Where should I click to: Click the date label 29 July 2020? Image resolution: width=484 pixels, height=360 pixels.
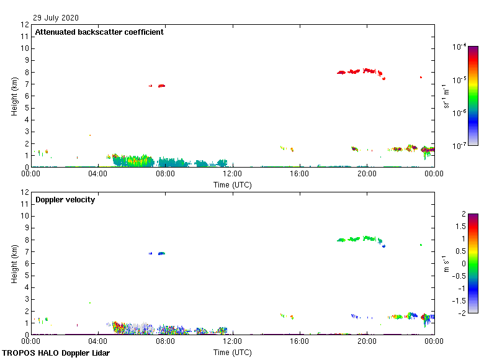point(56,18)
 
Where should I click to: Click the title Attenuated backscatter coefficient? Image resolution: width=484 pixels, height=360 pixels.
point(99,32)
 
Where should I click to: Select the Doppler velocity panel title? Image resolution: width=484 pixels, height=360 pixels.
point(65,200)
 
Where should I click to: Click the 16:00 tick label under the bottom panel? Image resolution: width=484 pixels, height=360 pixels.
point(300,341)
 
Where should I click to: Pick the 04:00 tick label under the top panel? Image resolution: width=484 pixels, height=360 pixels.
point(98,173)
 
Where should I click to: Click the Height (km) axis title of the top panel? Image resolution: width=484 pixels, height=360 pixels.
point(14,96)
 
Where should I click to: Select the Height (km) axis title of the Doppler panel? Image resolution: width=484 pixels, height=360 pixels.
point(14,264)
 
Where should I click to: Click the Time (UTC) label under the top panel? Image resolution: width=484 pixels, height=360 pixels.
point(233,184)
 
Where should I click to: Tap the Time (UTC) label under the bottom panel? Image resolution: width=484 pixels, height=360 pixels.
point(233,352)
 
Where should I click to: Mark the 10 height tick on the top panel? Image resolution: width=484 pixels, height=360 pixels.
point(25,48)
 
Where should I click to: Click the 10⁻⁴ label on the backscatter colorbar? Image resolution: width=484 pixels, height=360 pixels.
point(459,47)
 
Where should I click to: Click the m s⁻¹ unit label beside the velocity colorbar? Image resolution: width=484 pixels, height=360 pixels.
point(446,264)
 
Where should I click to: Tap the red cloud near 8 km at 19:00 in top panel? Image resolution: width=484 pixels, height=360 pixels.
point(354,71)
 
